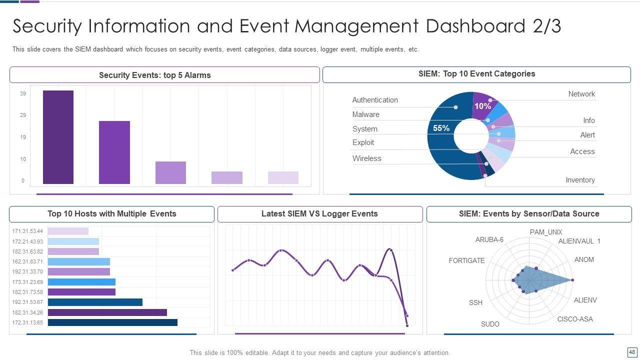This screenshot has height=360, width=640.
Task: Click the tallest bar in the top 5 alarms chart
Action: pos(58,137)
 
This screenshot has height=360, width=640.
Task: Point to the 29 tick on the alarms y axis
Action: pos(23,115)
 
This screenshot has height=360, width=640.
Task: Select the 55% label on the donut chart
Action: pos(441,128)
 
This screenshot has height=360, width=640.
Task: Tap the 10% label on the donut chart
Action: pos(482,106)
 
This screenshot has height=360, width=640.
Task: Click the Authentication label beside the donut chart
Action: pos(375,100)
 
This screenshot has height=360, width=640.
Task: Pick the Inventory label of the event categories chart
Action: pos(580,180)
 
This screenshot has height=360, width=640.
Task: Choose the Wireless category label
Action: pos(366,158)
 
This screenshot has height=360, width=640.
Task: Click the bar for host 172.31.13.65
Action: pos(112,322)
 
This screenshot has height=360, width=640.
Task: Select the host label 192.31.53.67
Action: pos(27,302)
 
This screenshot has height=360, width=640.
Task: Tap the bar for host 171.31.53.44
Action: pos(68,231)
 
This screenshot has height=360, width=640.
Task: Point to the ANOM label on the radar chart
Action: pos(584,259)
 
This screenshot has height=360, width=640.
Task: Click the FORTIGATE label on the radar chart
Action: pos(466,260)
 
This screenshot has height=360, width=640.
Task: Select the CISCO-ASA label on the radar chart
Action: pos(575,319)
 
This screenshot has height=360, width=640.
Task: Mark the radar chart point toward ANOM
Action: pos(572,280)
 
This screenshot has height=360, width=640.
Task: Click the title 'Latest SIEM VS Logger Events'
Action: pos(319,214)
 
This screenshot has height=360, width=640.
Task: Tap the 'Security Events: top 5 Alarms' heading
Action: pos(154,75)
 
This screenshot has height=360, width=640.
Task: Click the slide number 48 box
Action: pos(632,352)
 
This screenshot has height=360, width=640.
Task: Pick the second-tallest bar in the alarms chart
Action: pos(114,152)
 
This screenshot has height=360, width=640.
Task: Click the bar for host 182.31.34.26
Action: pos(107,312)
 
